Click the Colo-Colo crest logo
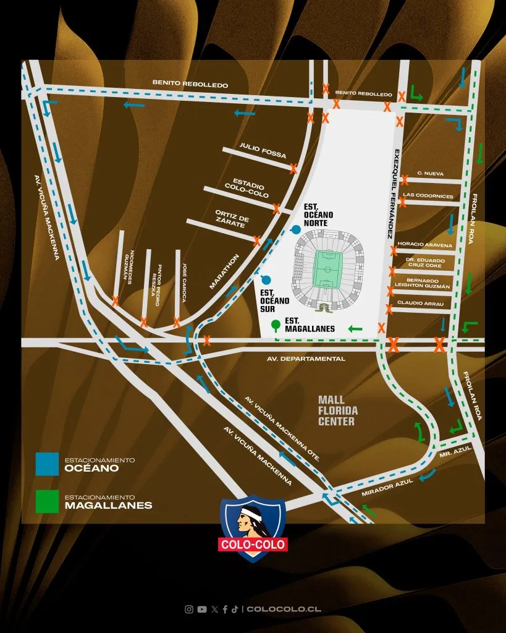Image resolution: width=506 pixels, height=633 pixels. (x=253, y=527)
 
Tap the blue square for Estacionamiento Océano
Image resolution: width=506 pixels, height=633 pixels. (x=48, y=464)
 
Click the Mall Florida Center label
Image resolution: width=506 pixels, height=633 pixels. (x=337, y=410)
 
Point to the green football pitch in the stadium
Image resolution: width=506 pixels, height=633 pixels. (x=327, y=269)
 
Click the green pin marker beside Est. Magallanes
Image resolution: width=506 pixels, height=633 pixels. (x=276, y=324)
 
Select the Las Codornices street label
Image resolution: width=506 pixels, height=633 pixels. (x=428, y=196)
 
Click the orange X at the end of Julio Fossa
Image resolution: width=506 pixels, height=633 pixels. (x=293, y=168)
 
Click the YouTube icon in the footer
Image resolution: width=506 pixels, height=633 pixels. (x=202, y=609)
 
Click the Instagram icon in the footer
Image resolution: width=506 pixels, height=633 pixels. (x=189, y=609)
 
